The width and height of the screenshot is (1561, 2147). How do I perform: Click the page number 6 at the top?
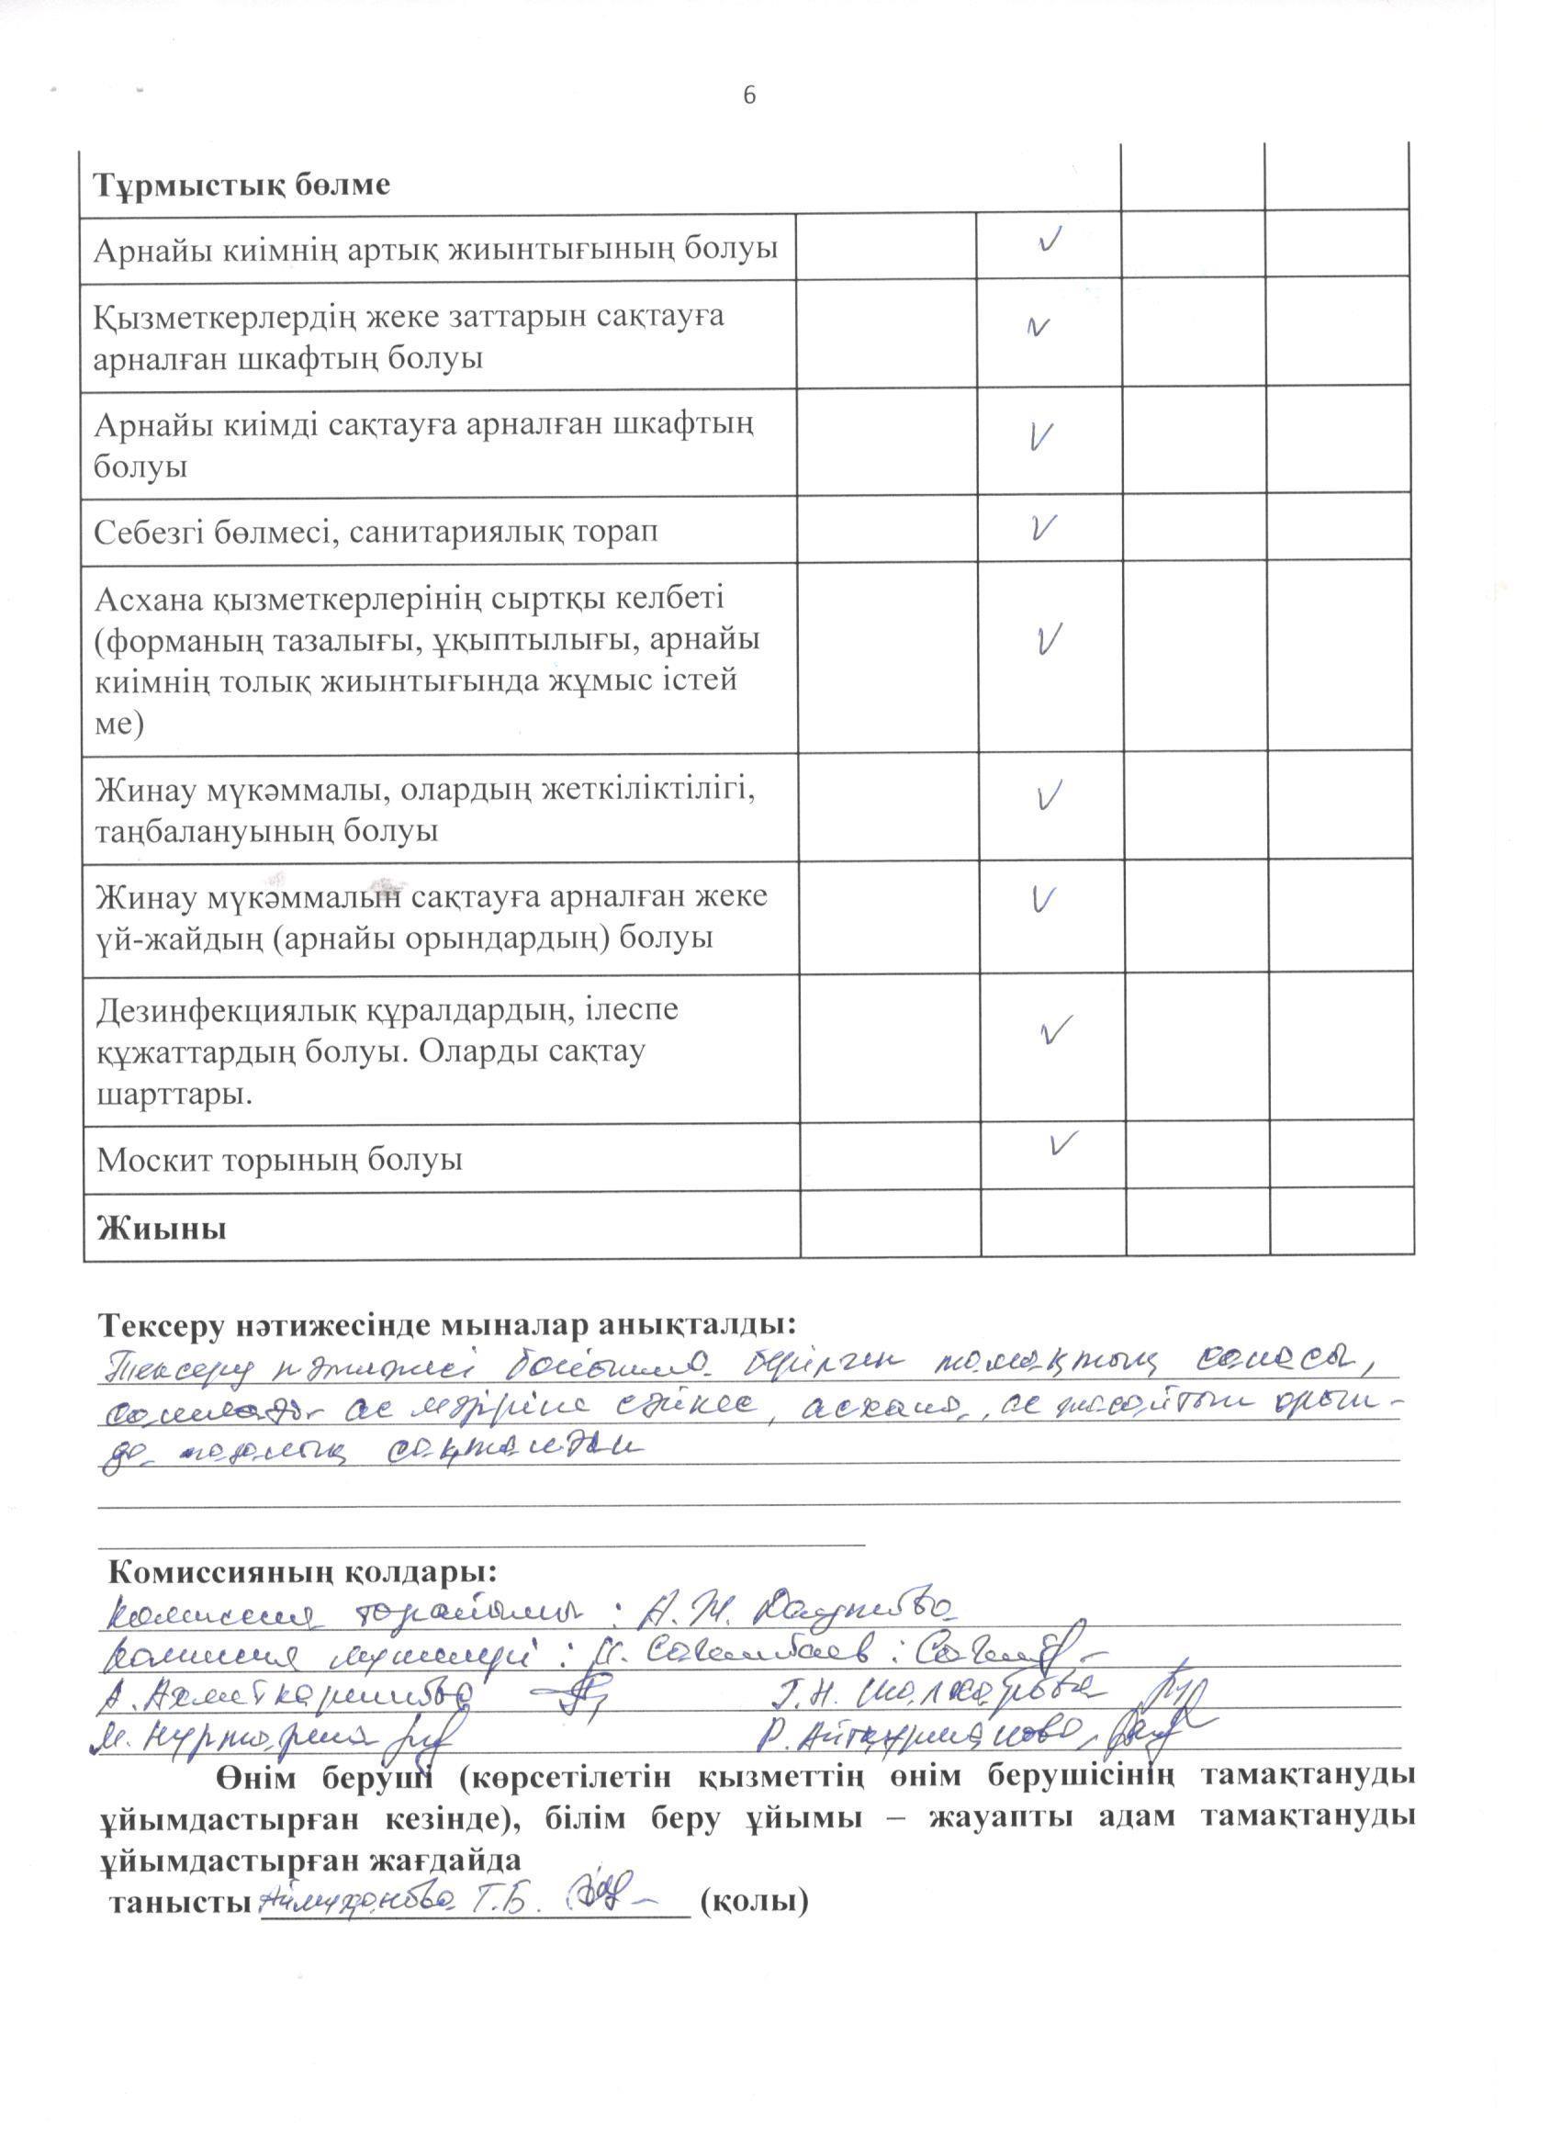click(x=748, y=96)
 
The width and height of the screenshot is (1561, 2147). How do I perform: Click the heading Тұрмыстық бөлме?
click(x=241, y=185)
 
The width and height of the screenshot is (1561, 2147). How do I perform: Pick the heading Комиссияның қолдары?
click(x=303, y=1572)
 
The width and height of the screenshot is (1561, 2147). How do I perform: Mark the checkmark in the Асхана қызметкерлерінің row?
click(x=1047, y=640)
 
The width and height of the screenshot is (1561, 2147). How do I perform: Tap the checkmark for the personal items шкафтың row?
click(x=1039, y=328)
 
